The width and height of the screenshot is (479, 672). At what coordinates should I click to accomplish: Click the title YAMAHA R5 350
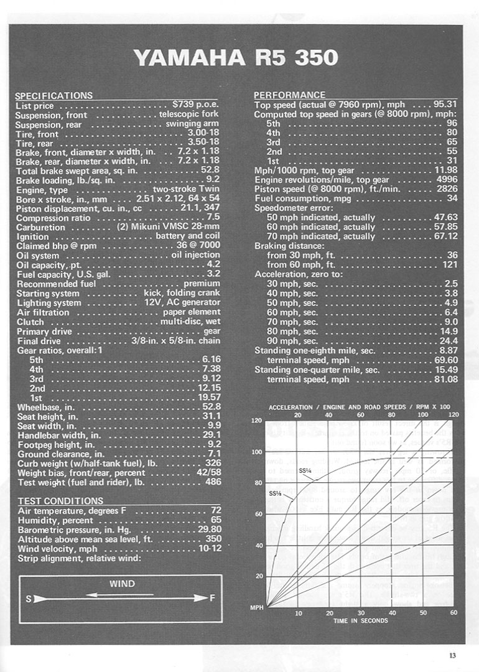(x=236, y=57)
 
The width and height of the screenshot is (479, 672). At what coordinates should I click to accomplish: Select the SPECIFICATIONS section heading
(x=53, y=95)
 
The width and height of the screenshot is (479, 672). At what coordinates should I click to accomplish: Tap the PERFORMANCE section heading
(x=289, y=95)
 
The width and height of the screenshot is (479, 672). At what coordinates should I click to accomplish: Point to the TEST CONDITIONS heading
(x=60, y=501)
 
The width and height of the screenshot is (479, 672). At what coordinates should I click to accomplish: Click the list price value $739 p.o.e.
(x=195, y=105)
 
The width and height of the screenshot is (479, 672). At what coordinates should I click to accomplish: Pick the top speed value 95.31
(x=444, y=105)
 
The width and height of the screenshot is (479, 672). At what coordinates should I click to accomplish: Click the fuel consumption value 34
(x=452, y=198)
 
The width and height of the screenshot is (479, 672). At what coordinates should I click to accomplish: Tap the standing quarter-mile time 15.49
(x=445, y=370)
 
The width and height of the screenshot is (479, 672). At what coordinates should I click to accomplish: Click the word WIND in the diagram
(x=122, y=584)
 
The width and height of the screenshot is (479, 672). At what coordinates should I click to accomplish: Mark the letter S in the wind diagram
(x=29, y=599)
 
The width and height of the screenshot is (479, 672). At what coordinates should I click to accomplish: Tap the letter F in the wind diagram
(x=212, y=599)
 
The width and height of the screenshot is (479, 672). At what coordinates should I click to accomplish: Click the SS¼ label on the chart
(x=305, y=470)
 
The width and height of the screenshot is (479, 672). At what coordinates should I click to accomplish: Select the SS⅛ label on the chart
(x=275, y=493)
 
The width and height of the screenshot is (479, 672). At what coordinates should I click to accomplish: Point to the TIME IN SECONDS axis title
(x=360, y=620)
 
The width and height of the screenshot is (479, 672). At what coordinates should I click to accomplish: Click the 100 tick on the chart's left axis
(x=256, y=452)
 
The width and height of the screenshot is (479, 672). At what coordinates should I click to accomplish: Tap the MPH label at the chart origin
(x=257, y=607)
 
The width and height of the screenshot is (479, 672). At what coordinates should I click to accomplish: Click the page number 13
(x=452, y=654)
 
